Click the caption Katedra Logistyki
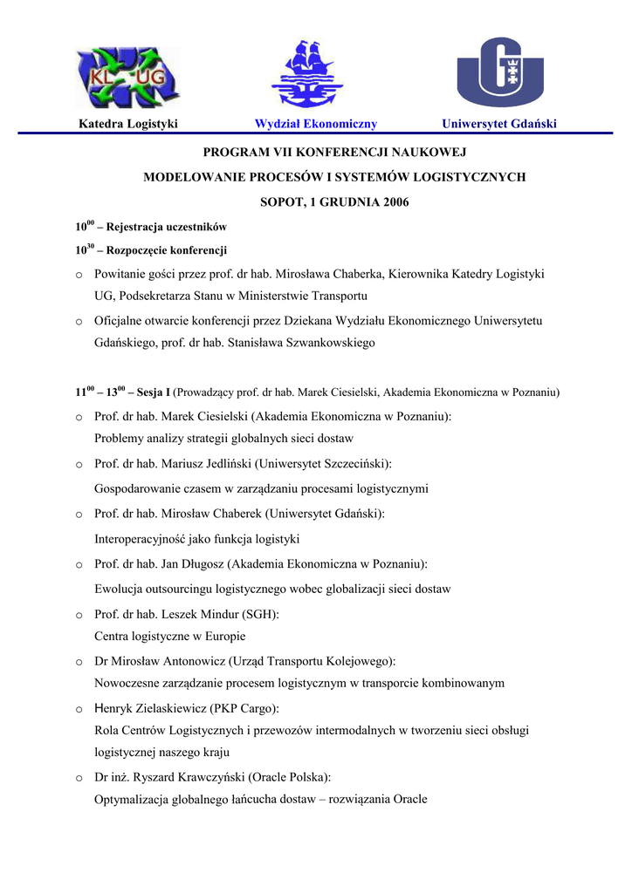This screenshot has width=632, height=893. (128, 124)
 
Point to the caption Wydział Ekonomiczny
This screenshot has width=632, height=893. (315, 124)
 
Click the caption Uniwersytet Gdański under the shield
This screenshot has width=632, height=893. (499, 124)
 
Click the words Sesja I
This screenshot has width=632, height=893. (154, 392)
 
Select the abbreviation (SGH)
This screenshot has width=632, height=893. (260, 614)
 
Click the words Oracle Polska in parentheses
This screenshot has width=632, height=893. (290, 776)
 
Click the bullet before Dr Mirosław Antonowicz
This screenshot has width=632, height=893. (79, 662)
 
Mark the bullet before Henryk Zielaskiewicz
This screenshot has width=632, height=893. (79, 709)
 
